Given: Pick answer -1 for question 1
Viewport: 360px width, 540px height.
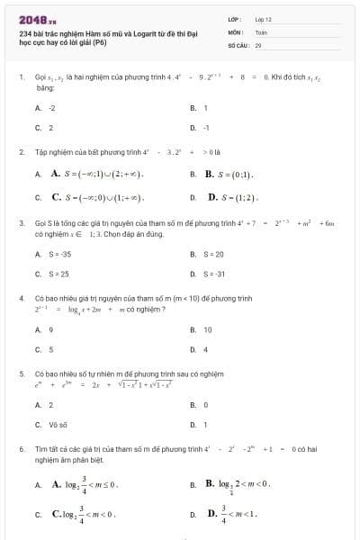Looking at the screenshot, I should click(x=206, y=128).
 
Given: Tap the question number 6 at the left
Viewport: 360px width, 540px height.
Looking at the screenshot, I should click(x=21, y=447).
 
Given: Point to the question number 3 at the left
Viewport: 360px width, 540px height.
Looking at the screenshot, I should click(x=21, y=221).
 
